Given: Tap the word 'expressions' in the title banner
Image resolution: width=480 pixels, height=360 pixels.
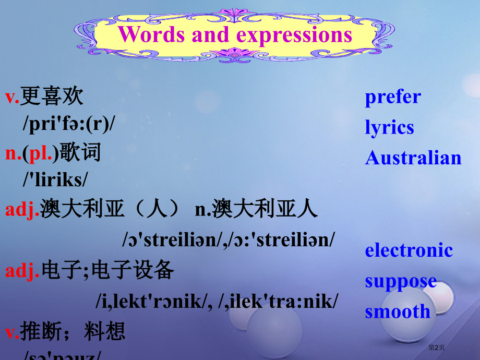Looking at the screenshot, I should tap(294, 35).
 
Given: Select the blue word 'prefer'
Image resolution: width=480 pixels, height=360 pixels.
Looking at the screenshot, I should tap(392, 97).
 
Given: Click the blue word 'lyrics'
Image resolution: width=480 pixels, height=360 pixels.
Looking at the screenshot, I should tap(389, 128).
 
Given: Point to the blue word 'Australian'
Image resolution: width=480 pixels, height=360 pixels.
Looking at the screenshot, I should tap(413, 158).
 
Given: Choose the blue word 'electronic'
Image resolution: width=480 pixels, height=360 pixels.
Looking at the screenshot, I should tap(409, 250).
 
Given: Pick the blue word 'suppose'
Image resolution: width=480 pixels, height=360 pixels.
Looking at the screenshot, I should tap(401, 281).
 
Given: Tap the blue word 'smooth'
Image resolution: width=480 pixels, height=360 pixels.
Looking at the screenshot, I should tap(398, 312).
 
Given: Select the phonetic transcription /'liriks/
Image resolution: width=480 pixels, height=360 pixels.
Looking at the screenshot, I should tap(55, 180).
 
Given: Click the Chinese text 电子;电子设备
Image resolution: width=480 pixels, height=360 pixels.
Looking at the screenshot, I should tap(107, 270).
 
